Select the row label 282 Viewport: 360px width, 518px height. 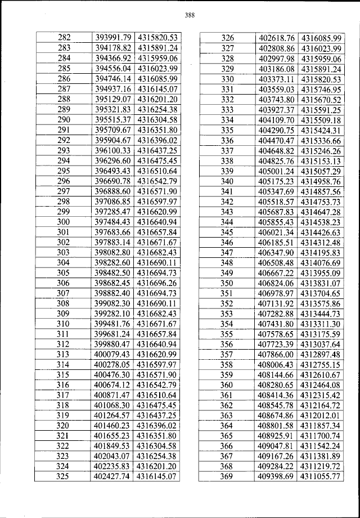tap(64, 37)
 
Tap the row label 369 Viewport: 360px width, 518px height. tap(227, 476)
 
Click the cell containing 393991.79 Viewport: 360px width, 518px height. tap(112, 37)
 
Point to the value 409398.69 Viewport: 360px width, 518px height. tap(276, 476)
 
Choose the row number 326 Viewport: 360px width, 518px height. tap(227, 38)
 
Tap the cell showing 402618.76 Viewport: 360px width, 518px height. tap(276, 38)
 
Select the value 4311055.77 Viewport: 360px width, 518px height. tap(321, 476)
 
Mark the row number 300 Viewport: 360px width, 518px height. tap(64, 221)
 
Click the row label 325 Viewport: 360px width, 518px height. tap(64, 476)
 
